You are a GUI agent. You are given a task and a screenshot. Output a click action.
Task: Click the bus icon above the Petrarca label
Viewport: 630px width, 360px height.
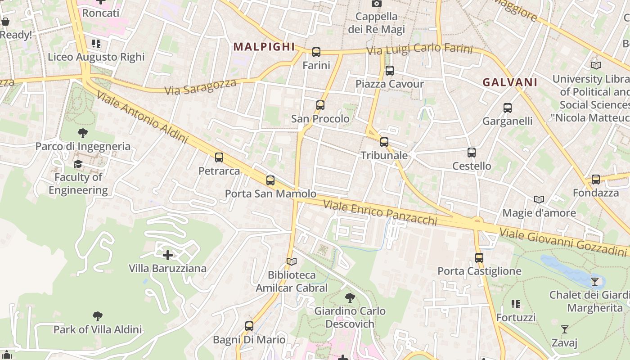pyautogui.click(x=219, y=157)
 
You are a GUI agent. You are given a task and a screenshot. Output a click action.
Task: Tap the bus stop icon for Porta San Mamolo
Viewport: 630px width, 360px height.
pyautogui.click(x=270, y=180)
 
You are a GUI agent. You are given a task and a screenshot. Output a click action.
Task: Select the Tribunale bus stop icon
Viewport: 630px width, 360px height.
pyautogui.click(x=384, y=142)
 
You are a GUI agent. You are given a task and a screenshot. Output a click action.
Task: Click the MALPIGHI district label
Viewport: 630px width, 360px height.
pyautogui.click(x=264, y=47)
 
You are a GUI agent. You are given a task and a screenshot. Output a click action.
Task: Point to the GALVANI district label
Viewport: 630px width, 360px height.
pyautogui.click(x=510, y=82)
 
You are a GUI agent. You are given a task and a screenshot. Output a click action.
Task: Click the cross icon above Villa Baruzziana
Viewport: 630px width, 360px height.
pyautogui.click(x=168, y=255)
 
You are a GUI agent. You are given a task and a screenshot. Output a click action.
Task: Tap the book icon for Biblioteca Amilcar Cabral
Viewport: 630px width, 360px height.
pyautogui.click(x=292, y=261)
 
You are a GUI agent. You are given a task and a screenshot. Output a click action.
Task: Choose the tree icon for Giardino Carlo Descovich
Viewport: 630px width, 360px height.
pyautogui.click(x=350, y=297)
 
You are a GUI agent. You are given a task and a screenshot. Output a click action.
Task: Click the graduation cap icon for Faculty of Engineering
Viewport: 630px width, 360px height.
pyautogui.click(x=78, y=164)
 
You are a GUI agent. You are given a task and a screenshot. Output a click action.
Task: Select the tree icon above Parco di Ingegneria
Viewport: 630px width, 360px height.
pyautogui.click(x=82, y=133)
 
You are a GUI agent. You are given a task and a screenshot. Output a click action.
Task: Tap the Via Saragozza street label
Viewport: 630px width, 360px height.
pyautogui.click(x=200, y=86)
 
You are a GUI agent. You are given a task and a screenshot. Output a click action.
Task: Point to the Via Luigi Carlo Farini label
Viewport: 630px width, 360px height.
pyautogui.click(x=419, y=49)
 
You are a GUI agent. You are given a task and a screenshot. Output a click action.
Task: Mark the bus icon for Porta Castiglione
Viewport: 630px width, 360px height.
pyautogui.click(x=479, y=258)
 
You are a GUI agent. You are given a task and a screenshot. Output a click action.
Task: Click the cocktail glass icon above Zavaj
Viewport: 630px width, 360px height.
pyautogui.click(x=565, y=329)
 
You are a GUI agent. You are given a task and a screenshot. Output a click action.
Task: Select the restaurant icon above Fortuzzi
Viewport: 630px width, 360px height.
pyautogui.click(x=516, y=304)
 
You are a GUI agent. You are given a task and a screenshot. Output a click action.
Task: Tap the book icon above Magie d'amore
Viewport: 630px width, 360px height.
pyautogui.click(x=539, y=199)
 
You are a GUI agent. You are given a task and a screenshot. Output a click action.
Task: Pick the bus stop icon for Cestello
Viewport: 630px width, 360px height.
pyautogui.click(x=472, y=153)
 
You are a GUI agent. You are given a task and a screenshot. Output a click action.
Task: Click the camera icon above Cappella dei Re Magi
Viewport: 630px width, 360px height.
pyautogui.click(x=376, y=4)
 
